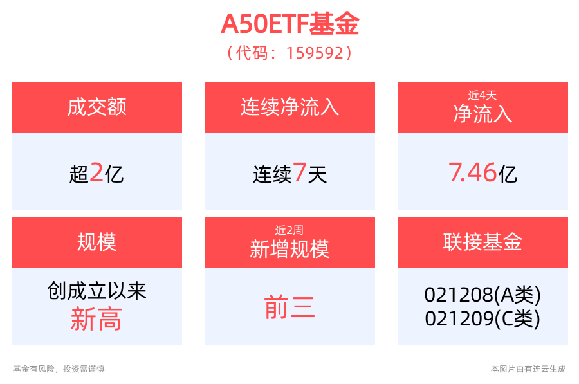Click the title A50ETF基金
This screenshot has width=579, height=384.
pyautogui.click(x=290, y=24)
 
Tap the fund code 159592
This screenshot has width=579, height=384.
pyautogui.click(x=315, y=53)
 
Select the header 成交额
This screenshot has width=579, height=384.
pyautogui.click(x=96, y=107)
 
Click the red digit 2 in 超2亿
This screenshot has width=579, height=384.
pyautogui.click(x=96, y=172)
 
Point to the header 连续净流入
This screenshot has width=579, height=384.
pyautogui.click(x=290, y=107)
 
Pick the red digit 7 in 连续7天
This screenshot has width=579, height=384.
pyautogui.click(x=299, y=172)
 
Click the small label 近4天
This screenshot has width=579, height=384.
pyautogui.click(x=482, y=95)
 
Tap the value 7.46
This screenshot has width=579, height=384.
pyautogui.click(x=473, y=172)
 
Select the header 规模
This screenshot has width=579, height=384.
pyautogui.click(x=96, y=242)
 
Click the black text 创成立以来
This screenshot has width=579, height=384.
pyautogui.click(x=96, y=291)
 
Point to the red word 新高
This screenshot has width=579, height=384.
pyautogui.click(x=96, y=319)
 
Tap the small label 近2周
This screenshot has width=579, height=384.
pyautogui.click(x=289, y=230)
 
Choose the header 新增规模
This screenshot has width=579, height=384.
pyautogui.click(x=289, y=249)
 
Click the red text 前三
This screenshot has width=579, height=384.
pyautogui.click(x=289, y=307)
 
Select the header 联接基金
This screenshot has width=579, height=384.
pyautogui.click(x=482, y=242)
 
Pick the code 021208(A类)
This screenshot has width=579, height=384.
pyautogui.click(x=482, y=295)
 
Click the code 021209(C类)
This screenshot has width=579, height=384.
pyautogui.click(x=482, y=318)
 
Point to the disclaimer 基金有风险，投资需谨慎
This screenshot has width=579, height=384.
pyautogui.click(x=59, y=369)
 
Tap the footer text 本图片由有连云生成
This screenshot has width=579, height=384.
pyautogui.click(x=528, y=369)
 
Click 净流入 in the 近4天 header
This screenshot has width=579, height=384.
pyautogui.click(x=482, y=114)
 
